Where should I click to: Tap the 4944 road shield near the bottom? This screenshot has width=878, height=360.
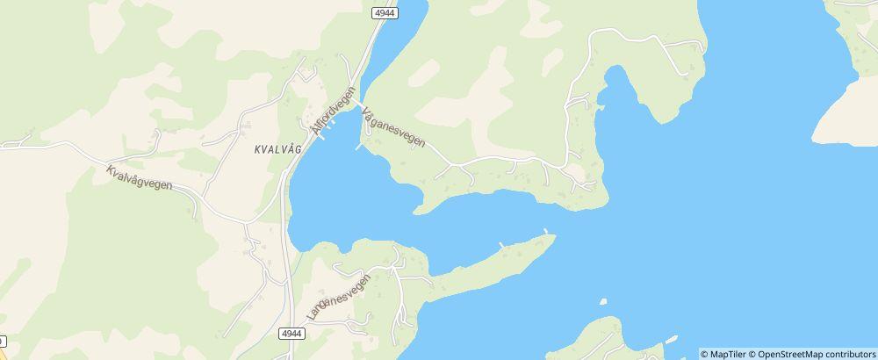292,334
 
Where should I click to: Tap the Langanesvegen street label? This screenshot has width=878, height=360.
339,295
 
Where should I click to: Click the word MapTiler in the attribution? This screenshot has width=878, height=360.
730,354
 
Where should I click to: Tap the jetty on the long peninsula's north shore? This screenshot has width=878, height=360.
501,245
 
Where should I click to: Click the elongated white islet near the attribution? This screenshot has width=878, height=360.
672,339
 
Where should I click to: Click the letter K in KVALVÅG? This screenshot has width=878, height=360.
256,148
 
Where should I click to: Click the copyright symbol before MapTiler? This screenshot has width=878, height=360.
705,354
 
